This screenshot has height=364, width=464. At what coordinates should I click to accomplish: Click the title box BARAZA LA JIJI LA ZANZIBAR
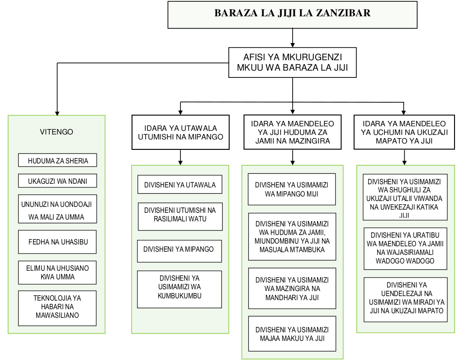292,14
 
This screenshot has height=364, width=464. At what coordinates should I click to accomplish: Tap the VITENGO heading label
57,132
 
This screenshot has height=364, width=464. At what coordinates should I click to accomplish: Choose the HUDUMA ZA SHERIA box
57,160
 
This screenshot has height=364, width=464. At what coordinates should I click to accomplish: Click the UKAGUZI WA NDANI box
57,181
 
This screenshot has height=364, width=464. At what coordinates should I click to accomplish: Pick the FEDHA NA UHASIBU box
57,242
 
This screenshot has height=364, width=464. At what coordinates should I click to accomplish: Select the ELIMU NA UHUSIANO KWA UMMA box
57,272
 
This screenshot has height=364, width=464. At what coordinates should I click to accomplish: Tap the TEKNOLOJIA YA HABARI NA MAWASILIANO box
57,308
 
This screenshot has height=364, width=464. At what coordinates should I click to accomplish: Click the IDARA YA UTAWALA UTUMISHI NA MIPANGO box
180,132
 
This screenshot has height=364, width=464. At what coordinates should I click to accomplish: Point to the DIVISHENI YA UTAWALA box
180,185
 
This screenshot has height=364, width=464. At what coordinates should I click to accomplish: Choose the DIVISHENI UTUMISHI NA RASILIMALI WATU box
180,216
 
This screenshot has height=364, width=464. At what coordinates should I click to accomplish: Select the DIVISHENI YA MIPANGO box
180,249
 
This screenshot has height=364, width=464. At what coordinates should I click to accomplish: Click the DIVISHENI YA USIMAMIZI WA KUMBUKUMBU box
180,289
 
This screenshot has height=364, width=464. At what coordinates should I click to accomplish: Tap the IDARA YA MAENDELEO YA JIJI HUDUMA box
292,132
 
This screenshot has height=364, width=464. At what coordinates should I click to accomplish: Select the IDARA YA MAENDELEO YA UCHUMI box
404,132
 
